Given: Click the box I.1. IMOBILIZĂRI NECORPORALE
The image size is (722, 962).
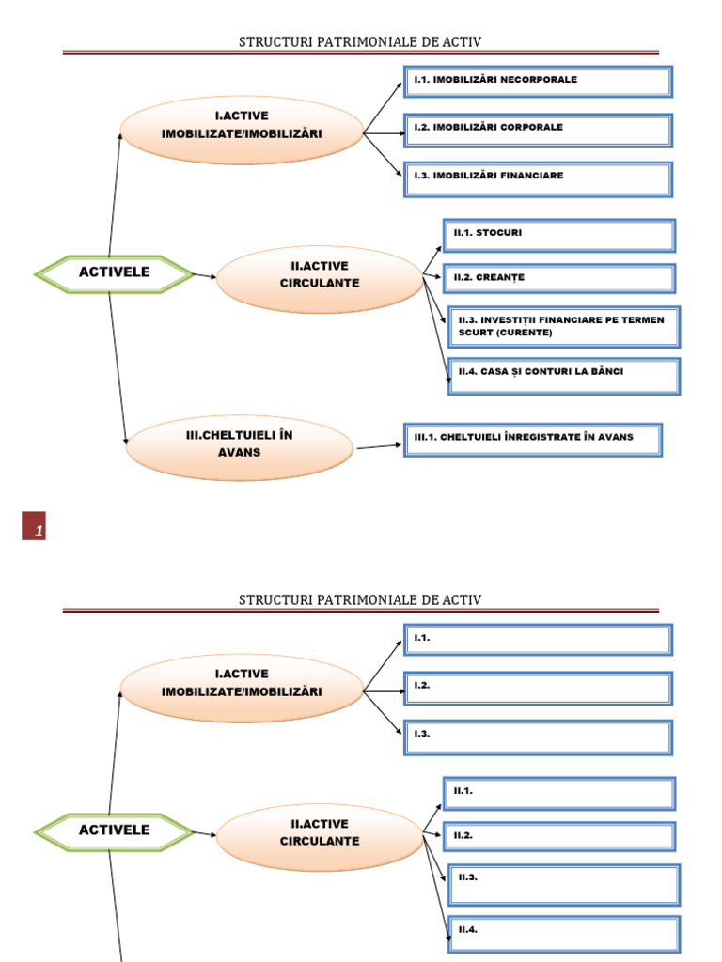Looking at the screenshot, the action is click(x=538, y=82).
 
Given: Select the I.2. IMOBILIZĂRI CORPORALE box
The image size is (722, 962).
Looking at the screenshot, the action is click(x=538, y=130).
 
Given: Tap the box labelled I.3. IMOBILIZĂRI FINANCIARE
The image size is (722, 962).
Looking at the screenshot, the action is click(x=538, y=179).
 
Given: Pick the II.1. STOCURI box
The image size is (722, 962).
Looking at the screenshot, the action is click(x=559, y=236).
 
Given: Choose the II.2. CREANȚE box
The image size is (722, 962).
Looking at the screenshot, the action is click(x=559, y=278).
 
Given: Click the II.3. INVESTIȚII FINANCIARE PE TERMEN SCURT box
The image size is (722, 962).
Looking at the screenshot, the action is click(x=564, y=327).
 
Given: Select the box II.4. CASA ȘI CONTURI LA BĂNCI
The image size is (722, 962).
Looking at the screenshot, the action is click(x=564, y=376).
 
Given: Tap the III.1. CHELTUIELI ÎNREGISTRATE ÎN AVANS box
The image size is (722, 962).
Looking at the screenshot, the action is click(x=533, y=440).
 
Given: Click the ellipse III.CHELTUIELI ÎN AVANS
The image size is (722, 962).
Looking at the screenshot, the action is click(x=240, y=447).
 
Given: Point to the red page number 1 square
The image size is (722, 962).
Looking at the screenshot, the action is click(x=34, y=526).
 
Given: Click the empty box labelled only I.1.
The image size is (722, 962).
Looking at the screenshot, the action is click(x=538, y=640).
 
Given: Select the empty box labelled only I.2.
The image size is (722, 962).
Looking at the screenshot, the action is click(x=538, y=689).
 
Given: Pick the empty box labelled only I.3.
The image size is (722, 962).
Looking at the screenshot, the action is click(x=538, y=737).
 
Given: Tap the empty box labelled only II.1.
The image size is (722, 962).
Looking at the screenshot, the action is click(x=559, y=794).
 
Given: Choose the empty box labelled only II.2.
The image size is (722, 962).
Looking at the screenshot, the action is click(x=559, y=837).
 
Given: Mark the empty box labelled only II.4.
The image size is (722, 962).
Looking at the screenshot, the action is click(x=564, y=935).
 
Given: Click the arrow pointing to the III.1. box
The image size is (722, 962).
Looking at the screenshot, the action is click(x=379, y=446).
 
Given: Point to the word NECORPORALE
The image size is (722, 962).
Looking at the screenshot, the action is click(x=539, y=79).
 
